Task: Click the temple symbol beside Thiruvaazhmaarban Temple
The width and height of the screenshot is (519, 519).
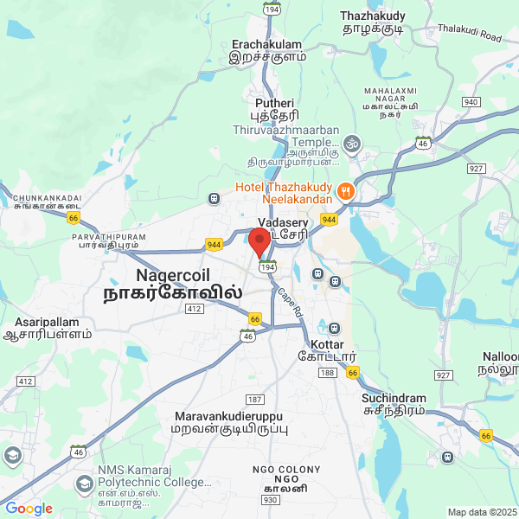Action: (x=351, y=142)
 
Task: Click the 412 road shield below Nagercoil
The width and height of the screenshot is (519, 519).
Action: (x=194, y=308)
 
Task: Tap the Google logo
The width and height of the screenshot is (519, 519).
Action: (x=29, y=509)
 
